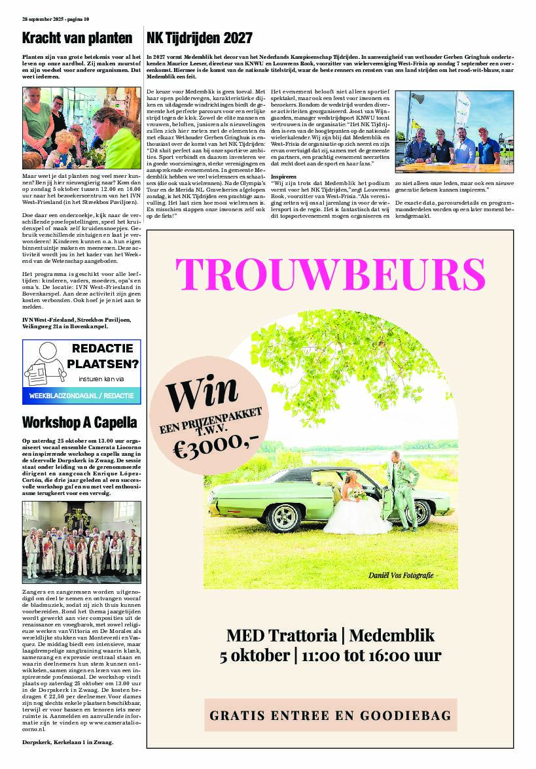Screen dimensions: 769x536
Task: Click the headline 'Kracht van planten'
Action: tap(77, 38)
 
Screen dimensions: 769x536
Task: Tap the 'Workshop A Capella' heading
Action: tap(79, 420)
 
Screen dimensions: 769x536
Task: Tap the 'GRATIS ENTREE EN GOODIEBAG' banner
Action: tap(330, 715)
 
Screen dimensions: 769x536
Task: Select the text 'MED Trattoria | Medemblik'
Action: tap(330, 635)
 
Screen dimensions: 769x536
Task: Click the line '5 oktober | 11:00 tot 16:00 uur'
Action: tap(330, 656)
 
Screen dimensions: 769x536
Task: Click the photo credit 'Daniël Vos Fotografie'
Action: tap(401, 575)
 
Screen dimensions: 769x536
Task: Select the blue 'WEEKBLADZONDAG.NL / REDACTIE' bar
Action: tap(81, 396)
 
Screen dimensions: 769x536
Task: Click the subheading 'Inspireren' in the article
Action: tap(283, 177)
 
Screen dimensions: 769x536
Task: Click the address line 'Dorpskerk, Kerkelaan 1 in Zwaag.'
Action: tap(67, 743)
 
